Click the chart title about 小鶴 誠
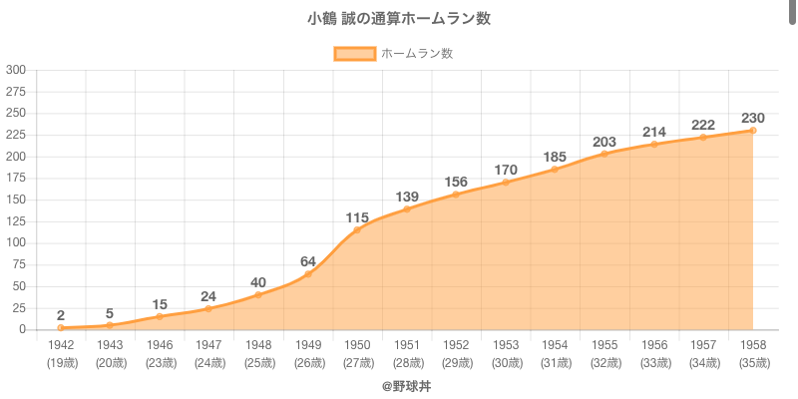pos(399,19)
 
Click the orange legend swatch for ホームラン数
pos(355,54)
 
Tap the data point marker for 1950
pos(357,230)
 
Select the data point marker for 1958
pos(753,131)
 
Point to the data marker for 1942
pos(61,328)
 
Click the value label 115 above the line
pos(357,217)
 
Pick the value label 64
pos(307,261)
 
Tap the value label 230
pos(753,118)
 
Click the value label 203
pos(604,142)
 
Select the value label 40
pos(258,282)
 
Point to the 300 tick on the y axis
pos(16,70)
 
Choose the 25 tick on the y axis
pos(19,308)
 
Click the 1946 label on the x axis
pos(160,344)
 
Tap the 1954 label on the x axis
pos(555,344)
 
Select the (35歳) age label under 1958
pos(753,363)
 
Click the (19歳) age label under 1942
pos(61,363)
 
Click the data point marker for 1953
pos(506,183)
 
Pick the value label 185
pos(555,157)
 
